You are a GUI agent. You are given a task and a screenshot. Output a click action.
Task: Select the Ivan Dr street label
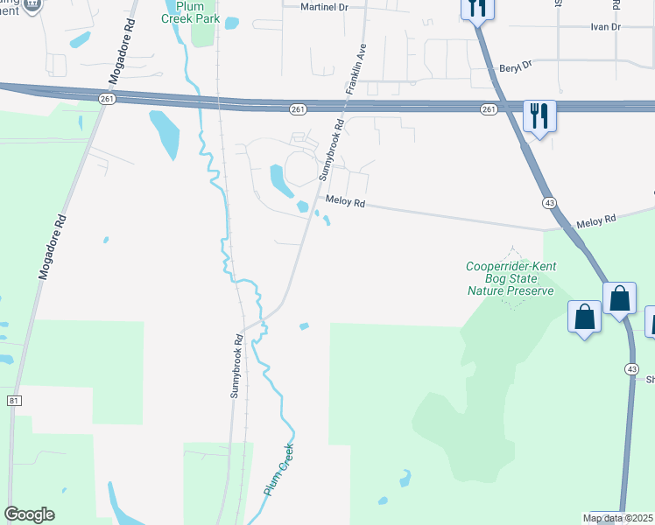click(604, 27)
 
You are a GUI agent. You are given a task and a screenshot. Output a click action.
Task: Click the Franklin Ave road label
click(356, 68)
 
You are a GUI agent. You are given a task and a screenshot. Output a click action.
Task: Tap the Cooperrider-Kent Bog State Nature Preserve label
click(511, 278)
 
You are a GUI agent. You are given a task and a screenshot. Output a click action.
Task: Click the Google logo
click(29, 514)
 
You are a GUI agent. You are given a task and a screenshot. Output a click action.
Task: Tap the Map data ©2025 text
click(617, 518)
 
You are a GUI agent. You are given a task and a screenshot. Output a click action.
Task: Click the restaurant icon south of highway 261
click(539, 114)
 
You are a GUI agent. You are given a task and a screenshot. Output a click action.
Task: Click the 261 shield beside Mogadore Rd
click(107, 99)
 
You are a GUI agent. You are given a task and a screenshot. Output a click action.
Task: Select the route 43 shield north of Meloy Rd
click(549, 203)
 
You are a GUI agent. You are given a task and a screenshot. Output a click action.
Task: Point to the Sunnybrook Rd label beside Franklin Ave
click(331, 150)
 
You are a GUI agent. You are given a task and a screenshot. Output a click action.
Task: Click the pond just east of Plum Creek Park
click(232, 24)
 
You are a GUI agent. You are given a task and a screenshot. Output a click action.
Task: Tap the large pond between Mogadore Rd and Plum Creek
click(165, 133)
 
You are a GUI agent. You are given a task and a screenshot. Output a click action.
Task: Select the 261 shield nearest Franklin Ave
click(298, 108)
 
